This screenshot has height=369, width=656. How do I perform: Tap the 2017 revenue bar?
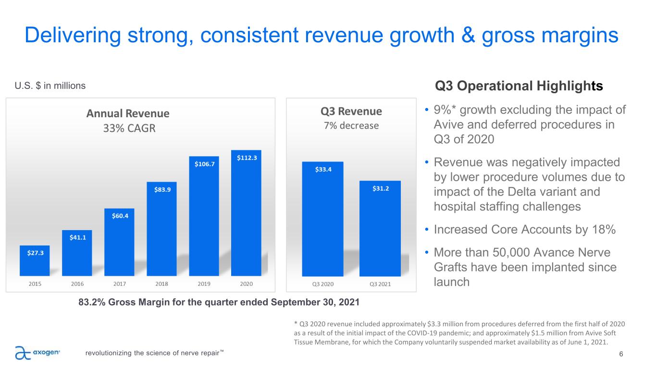click(x=119, y=242)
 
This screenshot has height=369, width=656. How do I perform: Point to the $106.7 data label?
click(x=204, y=164)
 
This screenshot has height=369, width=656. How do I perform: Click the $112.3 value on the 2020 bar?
click(x=246, y=157)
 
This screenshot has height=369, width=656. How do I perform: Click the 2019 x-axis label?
click(x=204, y=283)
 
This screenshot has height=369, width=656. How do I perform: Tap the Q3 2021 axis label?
click(x=380, y=283)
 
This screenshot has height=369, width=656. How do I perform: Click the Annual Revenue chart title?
click(x=128, y=114)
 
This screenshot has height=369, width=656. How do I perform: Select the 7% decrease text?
click(x=351, y=126)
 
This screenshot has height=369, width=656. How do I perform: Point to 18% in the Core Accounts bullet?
click(x=604, y=230)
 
